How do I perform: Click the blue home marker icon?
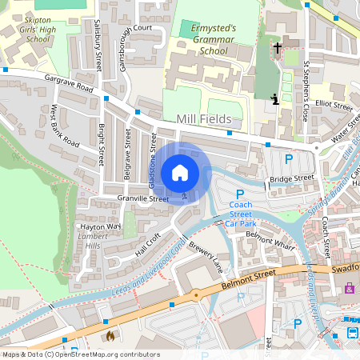180,173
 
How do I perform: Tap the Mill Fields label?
203,119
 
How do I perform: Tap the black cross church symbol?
278,48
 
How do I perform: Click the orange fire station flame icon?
109,337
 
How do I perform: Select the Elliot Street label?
334,104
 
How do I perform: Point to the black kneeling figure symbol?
274,99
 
